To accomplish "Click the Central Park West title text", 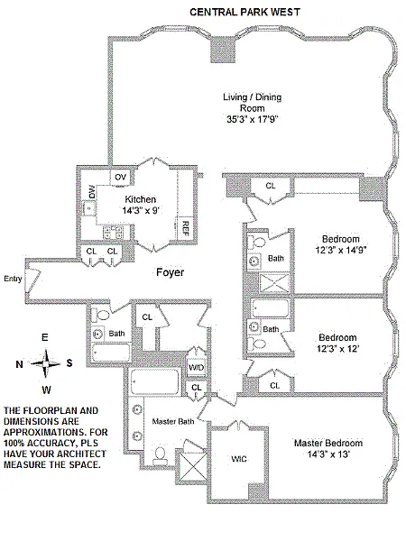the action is click(245, 12).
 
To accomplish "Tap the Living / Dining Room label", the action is click(253, 103).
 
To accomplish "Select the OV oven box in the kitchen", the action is click(120, 178).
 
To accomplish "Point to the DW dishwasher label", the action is click(91, 192).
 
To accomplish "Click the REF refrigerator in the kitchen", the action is click(185, 228).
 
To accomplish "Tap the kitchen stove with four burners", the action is click(114, 232).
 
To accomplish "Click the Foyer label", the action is click(171, 272).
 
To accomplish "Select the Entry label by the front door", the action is click(14, 279).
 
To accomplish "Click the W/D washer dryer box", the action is click(196, 368).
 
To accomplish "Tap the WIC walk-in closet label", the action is click(239, 459).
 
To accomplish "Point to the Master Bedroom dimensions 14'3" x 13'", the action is click(328, 454).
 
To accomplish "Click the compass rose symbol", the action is click(46, 363).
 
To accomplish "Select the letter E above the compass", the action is click(45, 337).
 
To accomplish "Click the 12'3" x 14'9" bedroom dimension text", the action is click(341, 250).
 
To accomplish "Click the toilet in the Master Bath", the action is click(160, 454).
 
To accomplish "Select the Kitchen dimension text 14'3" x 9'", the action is click(141, 210).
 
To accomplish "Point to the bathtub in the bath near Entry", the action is click(111, 353).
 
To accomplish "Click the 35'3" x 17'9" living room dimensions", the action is click(253, 119).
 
